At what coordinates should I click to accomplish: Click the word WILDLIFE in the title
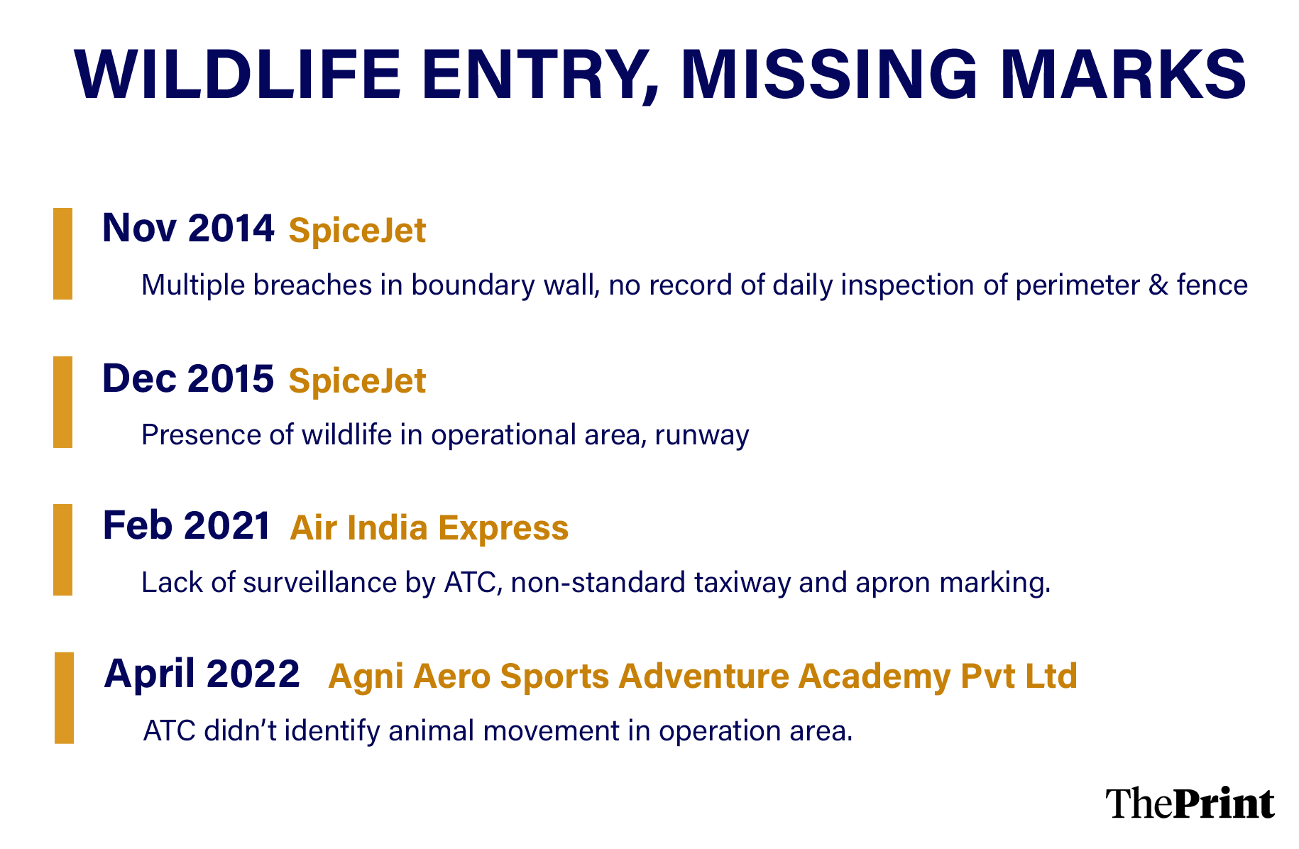coord(238,75)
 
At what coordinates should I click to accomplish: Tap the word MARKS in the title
coord(1123,75)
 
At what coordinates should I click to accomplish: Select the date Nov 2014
coord(188,229)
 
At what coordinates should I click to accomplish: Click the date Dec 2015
coord(188,378)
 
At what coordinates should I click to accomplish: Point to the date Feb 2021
coord(187,526)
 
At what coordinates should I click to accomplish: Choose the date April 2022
coord(202,674)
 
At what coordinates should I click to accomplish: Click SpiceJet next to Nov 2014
coord(357,231)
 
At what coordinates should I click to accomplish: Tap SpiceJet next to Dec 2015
coord(357,381)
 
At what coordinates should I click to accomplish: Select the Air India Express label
coord(429,528)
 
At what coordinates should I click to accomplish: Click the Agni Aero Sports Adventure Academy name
coord(703,676)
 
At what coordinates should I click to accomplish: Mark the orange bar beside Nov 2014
coord(62,253)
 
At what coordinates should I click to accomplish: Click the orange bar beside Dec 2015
coord(62,402)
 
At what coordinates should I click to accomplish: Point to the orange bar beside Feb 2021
coord(62,549)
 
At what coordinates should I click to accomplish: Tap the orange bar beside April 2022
coord(64,698)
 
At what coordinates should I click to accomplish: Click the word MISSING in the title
coord(828,75)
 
